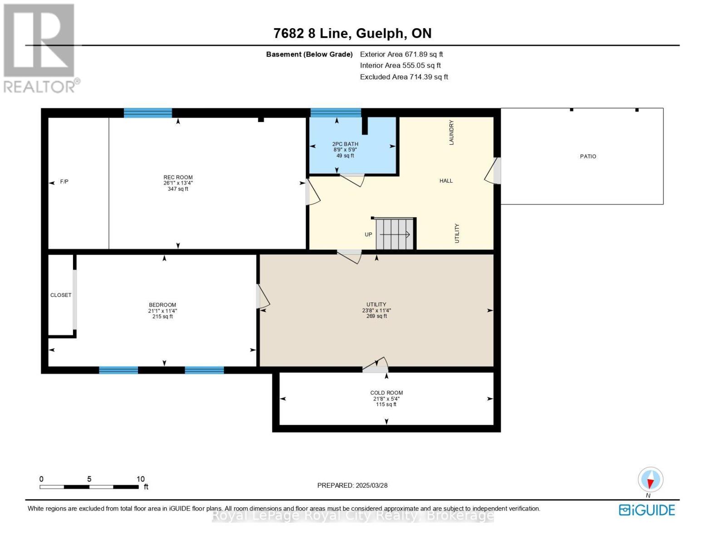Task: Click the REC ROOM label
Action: pos(178,177)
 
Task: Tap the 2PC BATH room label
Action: pos(345,144)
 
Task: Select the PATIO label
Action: pos(588,156)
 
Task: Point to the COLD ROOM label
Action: pos(386,393)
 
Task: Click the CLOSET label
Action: pos(61,295)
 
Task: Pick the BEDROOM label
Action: pos(162,305)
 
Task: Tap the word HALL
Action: pos(446,181)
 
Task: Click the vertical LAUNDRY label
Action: pos(451,132)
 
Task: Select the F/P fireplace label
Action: pos(64,182)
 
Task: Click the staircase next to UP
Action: pos(394,234)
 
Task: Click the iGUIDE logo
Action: pos(646,510)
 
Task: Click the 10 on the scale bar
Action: pos(140,479)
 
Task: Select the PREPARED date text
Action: pos(352,486)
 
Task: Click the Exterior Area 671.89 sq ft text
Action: pos(401,54)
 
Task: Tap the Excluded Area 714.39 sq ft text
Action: pos(404,77)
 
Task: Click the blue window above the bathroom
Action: pos(336,112)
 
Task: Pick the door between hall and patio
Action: pos(493,170)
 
